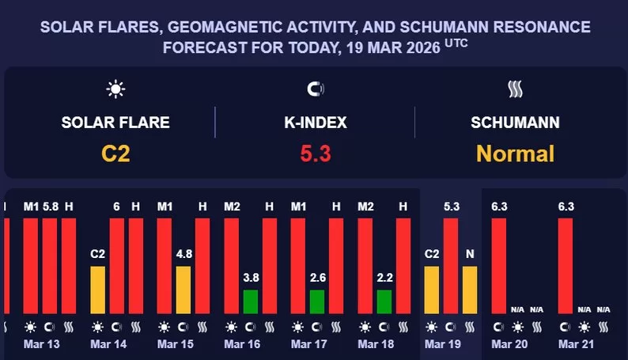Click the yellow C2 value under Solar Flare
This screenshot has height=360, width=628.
[115, 153]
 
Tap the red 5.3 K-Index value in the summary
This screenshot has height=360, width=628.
[315, 153]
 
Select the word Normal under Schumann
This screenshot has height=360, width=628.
[515, 153]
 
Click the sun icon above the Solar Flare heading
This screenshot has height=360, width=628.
[115, 89]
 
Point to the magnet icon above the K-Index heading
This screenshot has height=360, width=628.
[315, 89]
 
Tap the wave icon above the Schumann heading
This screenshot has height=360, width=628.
[515, 89]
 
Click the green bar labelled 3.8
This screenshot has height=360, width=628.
[250, 301]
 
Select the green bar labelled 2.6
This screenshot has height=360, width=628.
[317, 301]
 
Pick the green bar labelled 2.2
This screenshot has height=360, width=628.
[384, 301]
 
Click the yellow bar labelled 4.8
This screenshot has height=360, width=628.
[183, 290]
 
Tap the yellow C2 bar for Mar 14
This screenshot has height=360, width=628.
[97, 290]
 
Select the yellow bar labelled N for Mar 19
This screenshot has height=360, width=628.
[470, 290]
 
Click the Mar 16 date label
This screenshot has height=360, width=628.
[242, 345]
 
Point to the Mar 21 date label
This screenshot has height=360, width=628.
[576, 345]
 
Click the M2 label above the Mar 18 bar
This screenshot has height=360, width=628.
[365, 207]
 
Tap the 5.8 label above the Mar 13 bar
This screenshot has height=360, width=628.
[50, 207]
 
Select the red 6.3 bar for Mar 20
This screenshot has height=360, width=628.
[499, 266]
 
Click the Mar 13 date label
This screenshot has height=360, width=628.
[41, 345]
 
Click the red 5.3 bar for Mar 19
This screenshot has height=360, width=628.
[451, 266]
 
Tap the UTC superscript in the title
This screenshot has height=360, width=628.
[456, 44]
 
